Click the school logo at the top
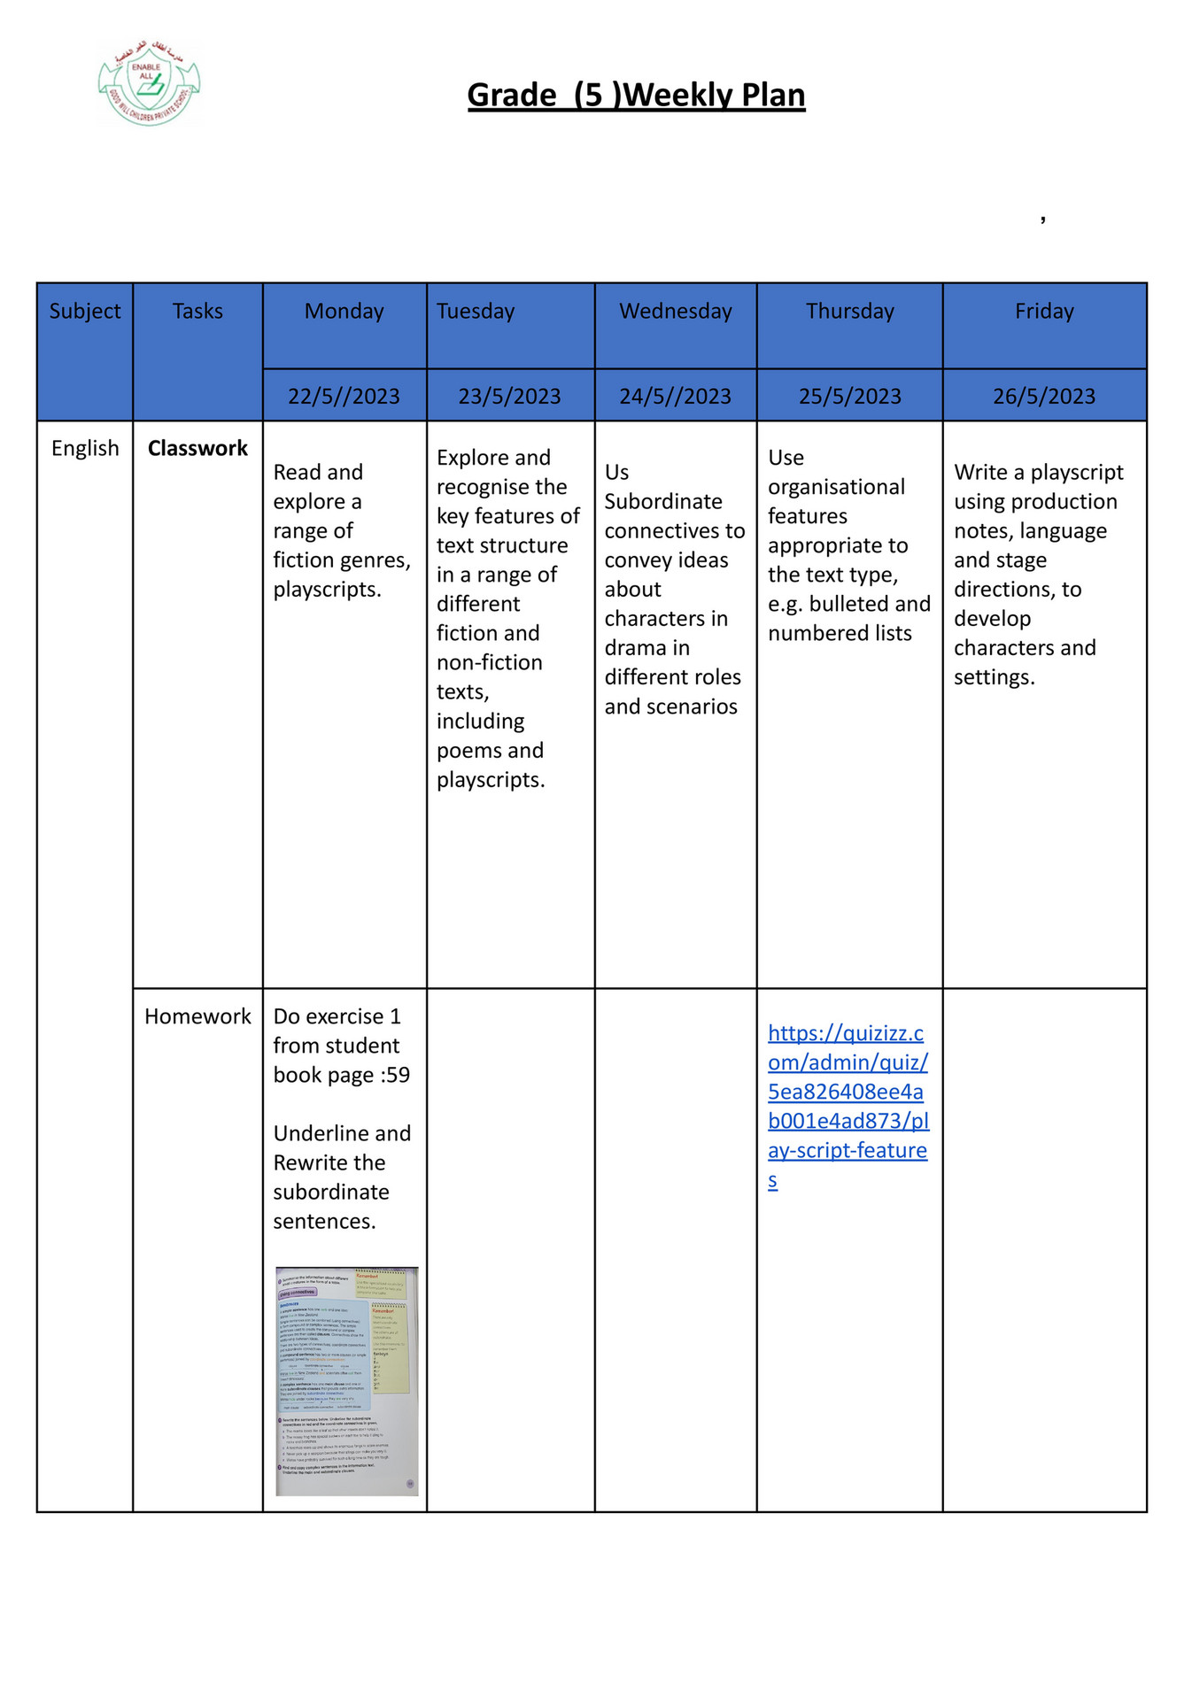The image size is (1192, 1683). coord(149,83)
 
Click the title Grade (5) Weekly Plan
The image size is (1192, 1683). coord(636,95)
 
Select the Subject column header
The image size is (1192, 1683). coord(85,311)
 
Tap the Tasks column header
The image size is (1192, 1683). coord(197,311)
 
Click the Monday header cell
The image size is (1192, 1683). coord(344,311)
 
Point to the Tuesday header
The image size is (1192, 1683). coord(476,311)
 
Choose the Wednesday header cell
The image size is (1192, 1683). coord(675,311)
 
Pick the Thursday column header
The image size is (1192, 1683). coord(849,311)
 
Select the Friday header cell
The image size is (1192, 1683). coord(1044,311)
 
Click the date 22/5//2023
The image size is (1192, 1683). coord(344,396)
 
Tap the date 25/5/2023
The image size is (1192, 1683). coord(849,396)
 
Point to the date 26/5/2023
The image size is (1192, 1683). coord(1044,396)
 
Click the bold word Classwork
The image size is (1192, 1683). coord(197,448)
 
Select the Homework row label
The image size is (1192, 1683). coord(197,1016)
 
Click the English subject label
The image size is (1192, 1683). coord(85,448)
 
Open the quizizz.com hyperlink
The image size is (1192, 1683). coord(848,1106)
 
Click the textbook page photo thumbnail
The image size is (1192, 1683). coord(346,1381)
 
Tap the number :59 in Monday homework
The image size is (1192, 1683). coord(396,1075)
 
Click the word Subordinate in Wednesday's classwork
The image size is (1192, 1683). coord(663,501)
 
